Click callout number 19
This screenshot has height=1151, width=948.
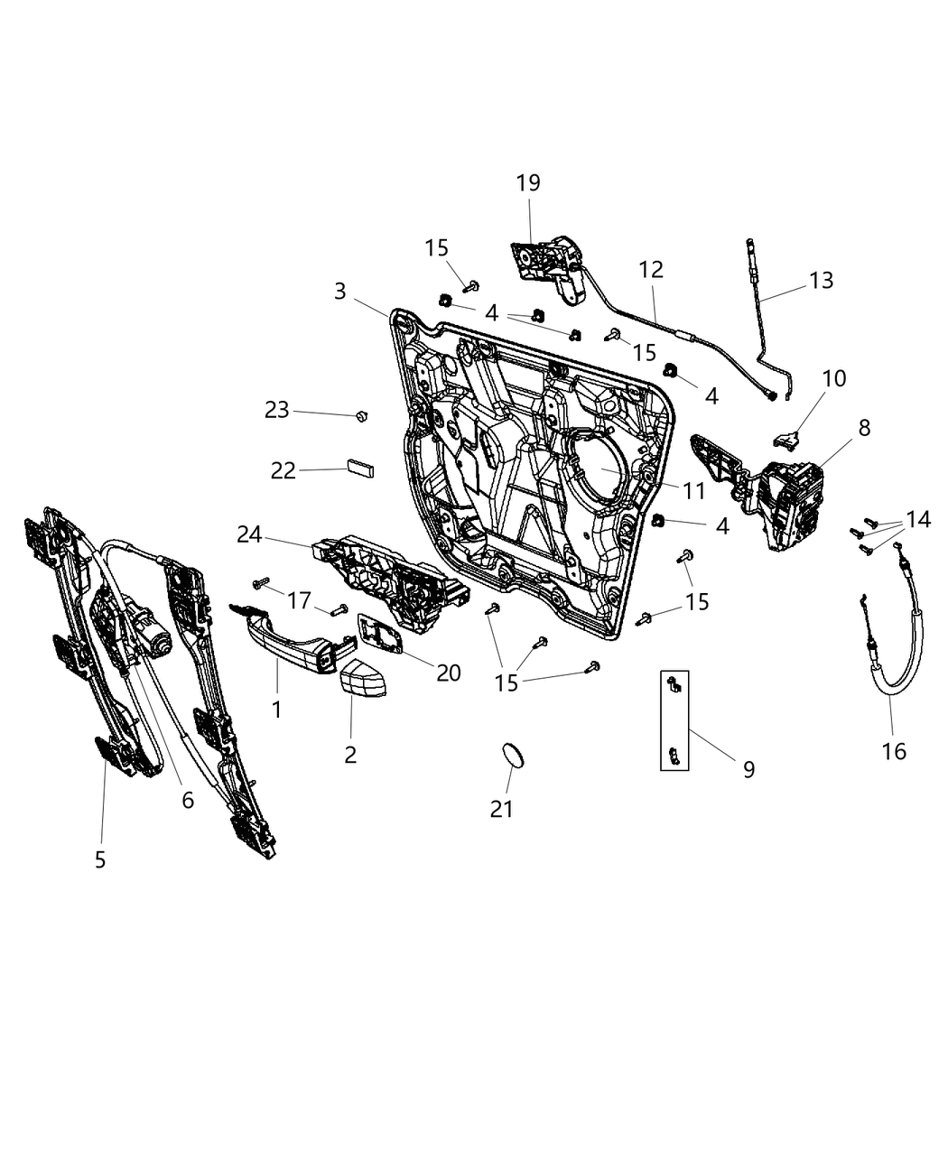click(x=528, y=182)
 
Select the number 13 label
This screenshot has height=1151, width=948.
click(x=821, y=280)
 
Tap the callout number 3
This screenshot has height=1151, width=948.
click(x=340, y=291)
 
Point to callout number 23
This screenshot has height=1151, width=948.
click(x=277, y=410)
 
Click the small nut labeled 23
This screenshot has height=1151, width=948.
click(x=362, y=415)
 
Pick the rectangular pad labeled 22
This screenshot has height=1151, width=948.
click(x=360, y=468)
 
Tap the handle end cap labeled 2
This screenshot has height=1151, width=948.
click(x=362, y=677)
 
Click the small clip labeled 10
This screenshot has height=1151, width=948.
click(x=787, y=439)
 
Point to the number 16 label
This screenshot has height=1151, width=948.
click(x=894, y=751)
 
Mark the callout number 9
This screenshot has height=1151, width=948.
click(x=748, y=769)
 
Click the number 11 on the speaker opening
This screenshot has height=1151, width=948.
click(x=693, y=490)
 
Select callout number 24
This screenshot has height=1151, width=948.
click(x=249, y=534)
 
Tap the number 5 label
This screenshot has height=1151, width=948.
click(x=100, y=859)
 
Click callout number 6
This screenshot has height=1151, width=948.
click(x=188, y=801)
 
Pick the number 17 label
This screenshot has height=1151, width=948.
click(x=300, y=600)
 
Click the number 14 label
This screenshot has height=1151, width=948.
click(x=918, y=519)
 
